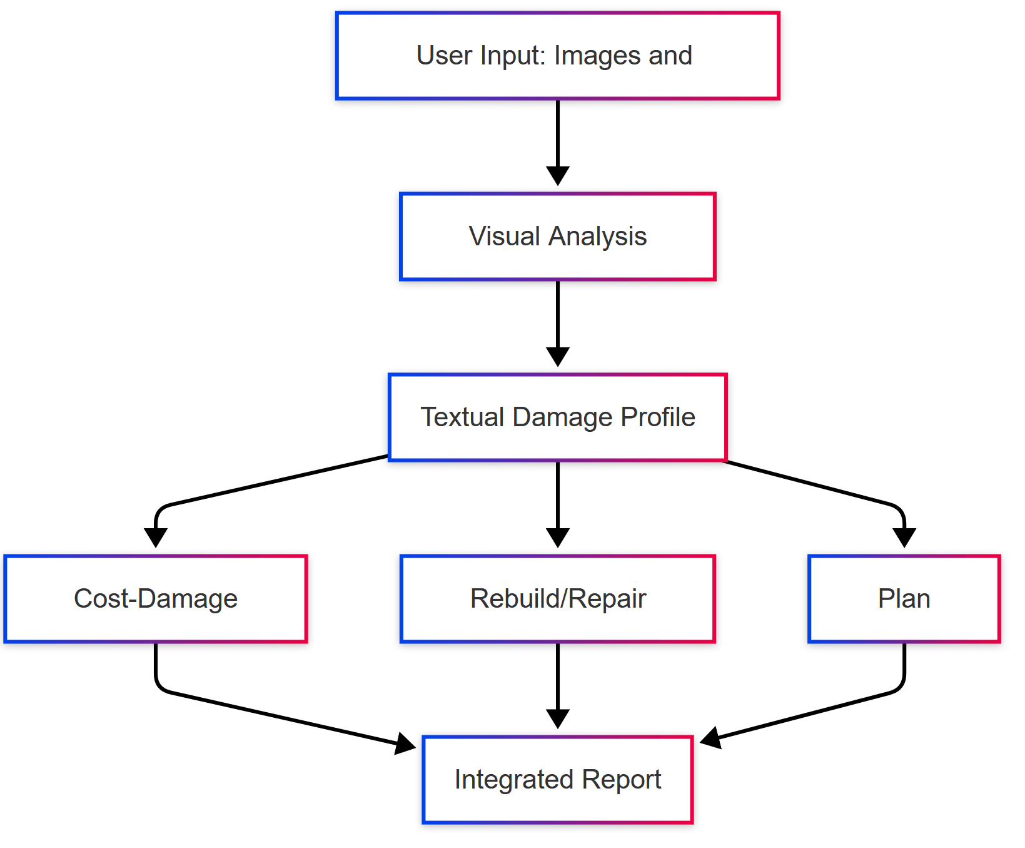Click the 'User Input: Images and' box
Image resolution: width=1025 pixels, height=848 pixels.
[557, 56]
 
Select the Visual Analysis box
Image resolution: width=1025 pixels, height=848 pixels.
[557, 237]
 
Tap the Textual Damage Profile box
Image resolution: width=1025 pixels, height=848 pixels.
[557, 417]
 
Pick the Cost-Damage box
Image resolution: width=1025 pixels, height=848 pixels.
[155, 599]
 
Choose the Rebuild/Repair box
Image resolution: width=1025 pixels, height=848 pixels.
[557, 599]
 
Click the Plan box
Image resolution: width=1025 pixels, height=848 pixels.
[904, 599]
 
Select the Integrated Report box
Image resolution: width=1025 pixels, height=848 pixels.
[557, 780]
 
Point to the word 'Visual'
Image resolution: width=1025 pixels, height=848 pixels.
[504, 237]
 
